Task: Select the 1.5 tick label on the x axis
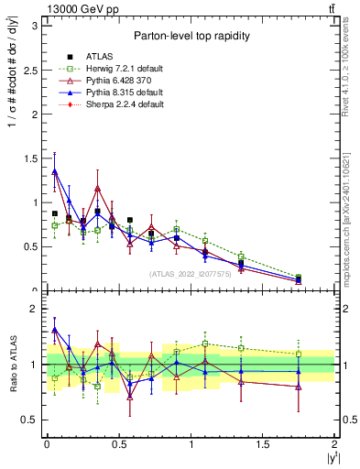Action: click(263, 444)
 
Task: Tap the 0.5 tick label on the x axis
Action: click(118, 444)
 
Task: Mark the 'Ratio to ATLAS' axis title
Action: click(13, 364)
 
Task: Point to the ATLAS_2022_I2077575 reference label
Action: click(190, 272)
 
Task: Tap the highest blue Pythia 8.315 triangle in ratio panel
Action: click(54, 330)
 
